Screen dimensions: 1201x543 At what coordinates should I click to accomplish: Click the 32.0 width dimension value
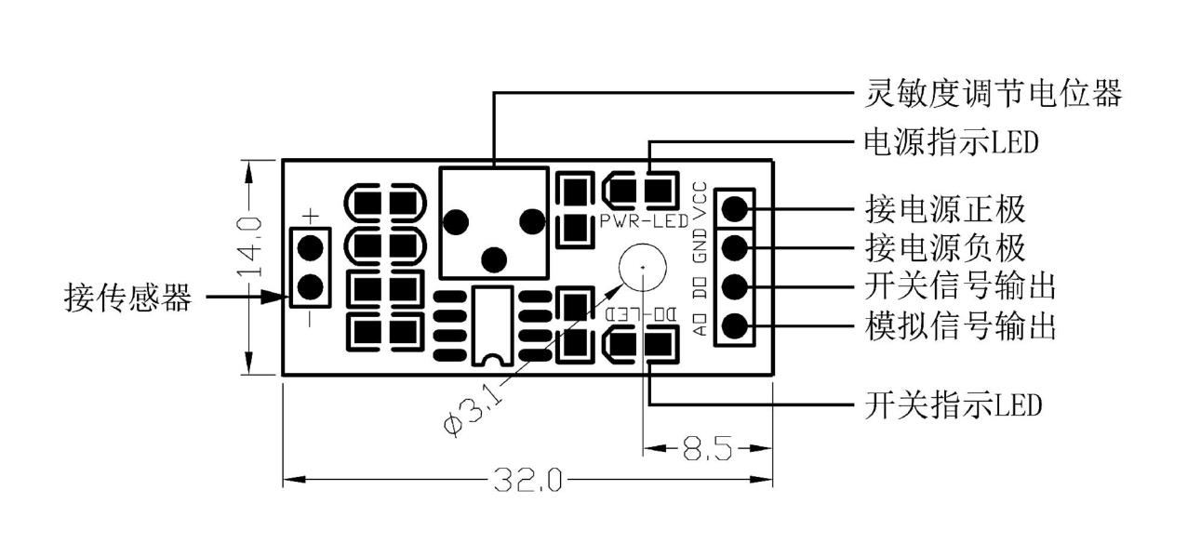point(527,479)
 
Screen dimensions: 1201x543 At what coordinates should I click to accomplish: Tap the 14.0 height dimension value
point(250,246)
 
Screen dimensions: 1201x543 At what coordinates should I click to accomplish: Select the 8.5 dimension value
point(707,447)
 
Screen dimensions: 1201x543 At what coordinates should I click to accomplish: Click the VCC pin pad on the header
point(735,208)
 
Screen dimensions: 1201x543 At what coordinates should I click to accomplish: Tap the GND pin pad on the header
point(735,247)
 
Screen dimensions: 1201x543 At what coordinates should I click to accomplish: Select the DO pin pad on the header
point(735,286)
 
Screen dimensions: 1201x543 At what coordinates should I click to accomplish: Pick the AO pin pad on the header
point(735,324)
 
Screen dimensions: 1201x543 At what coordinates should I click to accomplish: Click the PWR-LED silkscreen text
point(644,220)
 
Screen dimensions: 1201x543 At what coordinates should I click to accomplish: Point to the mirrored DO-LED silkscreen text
point(642,314)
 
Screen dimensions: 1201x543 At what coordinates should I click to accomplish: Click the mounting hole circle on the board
point(643,267)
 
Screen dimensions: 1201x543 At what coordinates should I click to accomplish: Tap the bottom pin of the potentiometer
point(494,260)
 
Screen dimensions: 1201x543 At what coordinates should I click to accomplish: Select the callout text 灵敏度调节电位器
point(993,93)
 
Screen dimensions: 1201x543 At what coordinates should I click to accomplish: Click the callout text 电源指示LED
point(951,142)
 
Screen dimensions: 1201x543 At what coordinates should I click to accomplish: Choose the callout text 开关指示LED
point(953,404)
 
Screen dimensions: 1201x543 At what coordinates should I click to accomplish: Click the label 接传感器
point(127,298)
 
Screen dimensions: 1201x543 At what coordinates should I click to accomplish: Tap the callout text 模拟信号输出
point(960,325)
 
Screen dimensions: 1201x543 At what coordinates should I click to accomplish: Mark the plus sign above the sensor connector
point(311,216)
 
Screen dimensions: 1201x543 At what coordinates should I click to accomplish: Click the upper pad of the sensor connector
point(310,247)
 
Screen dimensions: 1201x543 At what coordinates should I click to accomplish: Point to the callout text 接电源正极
point(945,209)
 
